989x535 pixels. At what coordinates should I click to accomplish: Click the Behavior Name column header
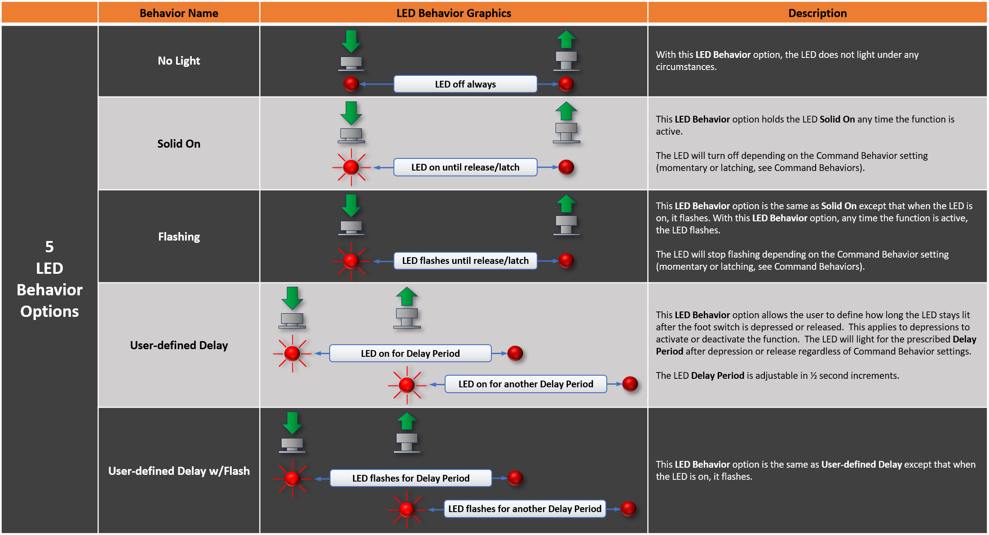tap(179, 13)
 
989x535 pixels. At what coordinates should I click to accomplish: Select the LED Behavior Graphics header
tap(454, 13)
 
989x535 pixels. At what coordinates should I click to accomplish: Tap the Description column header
tap(817, 13)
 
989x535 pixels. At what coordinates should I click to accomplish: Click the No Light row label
tap(179, 61)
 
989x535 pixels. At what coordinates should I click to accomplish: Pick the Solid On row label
tap(179, 144)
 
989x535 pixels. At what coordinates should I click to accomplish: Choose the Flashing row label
tap(179, 237)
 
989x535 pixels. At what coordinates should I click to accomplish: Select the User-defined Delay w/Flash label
tap(179, 471)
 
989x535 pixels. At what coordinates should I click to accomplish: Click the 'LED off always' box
tap(465, 84)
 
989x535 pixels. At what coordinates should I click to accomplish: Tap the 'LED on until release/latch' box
tap(465, 167)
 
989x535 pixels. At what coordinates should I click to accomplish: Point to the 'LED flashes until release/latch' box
tap(465, 261)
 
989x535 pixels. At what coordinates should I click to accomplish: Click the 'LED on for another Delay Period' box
tap(525, 384)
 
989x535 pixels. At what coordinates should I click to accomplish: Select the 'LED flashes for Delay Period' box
tap(411, 478)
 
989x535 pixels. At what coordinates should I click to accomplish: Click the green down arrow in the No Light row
tap(351, 41)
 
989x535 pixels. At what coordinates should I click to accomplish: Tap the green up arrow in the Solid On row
tap(566, 111)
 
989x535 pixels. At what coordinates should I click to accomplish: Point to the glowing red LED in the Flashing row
tap(351, 261)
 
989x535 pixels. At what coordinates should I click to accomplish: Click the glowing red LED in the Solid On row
tap(351, 167)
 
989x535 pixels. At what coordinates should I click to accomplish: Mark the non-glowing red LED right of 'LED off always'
tap(566, 84)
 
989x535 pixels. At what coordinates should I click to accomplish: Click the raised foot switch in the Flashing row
tap(566, 224)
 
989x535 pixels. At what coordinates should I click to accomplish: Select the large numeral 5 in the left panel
tap(49, 247)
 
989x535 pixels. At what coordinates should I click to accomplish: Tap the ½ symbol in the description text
tap(813, 376)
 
